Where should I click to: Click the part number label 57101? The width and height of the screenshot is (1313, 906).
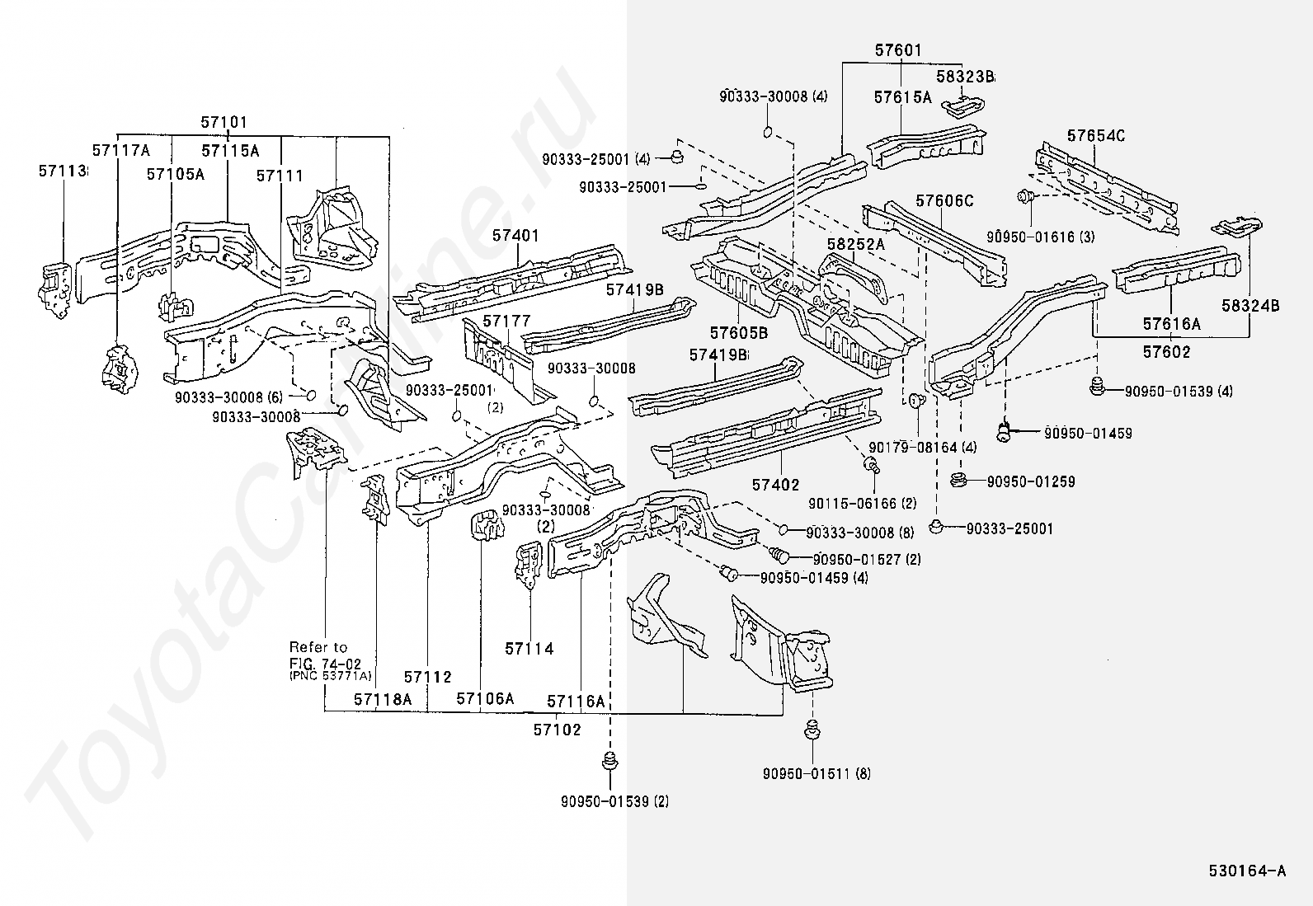point(224,123)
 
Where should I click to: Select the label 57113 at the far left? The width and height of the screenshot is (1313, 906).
point(63,171)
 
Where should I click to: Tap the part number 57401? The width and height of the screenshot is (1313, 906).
point(515,236)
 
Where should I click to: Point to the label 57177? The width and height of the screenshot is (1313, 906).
point(506,321)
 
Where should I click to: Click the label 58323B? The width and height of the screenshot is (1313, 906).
point(965,77)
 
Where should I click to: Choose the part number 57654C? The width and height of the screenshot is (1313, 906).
point(1095,135)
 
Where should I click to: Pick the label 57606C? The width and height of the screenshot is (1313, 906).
point(944,200)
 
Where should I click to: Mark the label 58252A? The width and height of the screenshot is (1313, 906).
point(854,244)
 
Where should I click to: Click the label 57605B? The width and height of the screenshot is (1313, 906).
point(739,332)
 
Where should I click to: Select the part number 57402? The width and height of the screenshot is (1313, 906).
point(775,485)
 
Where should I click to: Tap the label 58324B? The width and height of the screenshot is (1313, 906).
point(1250,306)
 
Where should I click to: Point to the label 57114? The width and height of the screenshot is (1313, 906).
point(529,649)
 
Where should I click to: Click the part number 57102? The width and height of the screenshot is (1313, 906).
point(557,730)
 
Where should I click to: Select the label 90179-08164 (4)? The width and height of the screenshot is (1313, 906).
point(922,448)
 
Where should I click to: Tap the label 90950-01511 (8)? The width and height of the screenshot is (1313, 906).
point(817,773)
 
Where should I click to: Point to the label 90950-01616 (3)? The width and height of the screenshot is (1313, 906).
point(1040,237)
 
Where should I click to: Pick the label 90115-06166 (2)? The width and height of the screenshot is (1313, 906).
point(861,503)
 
